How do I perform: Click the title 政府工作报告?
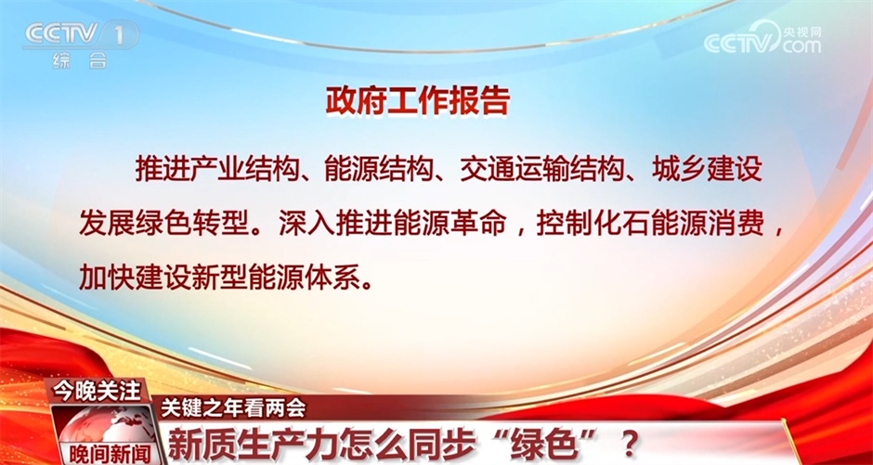tap(418, 101)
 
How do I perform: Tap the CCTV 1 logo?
tap(80, 35)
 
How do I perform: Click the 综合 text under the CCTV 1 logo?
tap(80, 60)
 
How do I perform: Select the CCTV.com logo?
tap(762, 39)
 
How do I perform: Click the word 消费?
tap(741, 225)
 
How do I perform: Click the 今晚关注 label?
tap(97, 392)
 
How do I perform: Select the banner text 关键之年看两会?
tap(233, 408)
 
